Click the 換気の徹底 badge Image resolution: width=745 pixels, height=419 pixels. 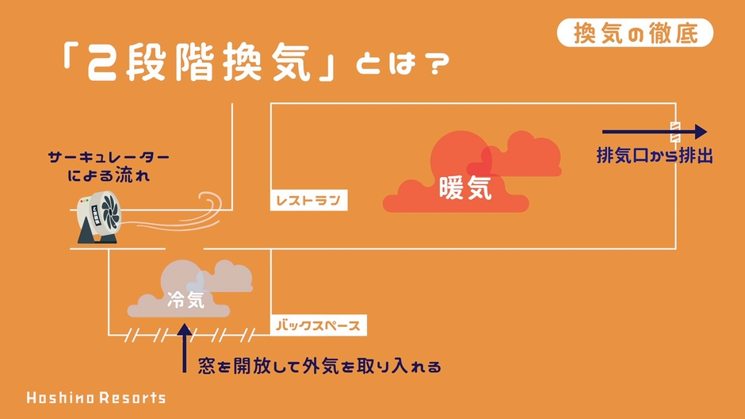635,33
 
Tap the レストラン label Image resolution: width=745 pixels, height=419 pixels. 309,200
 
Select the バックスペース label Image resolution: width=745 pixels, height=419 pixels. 319,326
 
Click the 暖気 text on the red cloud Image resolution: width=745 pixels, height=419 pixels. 465,187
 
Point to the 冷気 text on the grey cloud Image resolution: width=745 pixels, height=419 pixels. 185,300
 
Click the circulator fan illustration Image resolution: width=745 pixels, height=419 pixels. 99,217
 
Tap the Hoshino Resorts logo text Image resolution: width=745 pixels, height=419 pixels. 96,398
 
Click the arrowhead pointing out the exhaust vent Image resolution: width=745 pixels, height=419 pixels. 701,132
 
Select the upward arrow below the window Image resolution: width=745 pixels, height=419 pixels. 185,348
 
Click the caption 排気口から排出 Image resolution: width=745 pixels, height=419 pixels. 655,156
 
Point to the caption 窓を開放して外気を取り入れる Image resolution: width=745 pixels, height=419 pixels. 319,366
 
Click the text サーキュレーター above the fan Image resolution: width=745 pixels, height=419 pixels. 109,157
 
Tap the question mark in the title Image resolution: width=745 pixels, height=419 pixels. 437,63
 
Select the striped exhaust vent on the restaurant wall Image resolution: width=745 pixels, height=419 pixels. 675,132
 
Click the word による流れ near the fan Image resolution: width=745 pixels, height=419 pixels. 109,176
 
